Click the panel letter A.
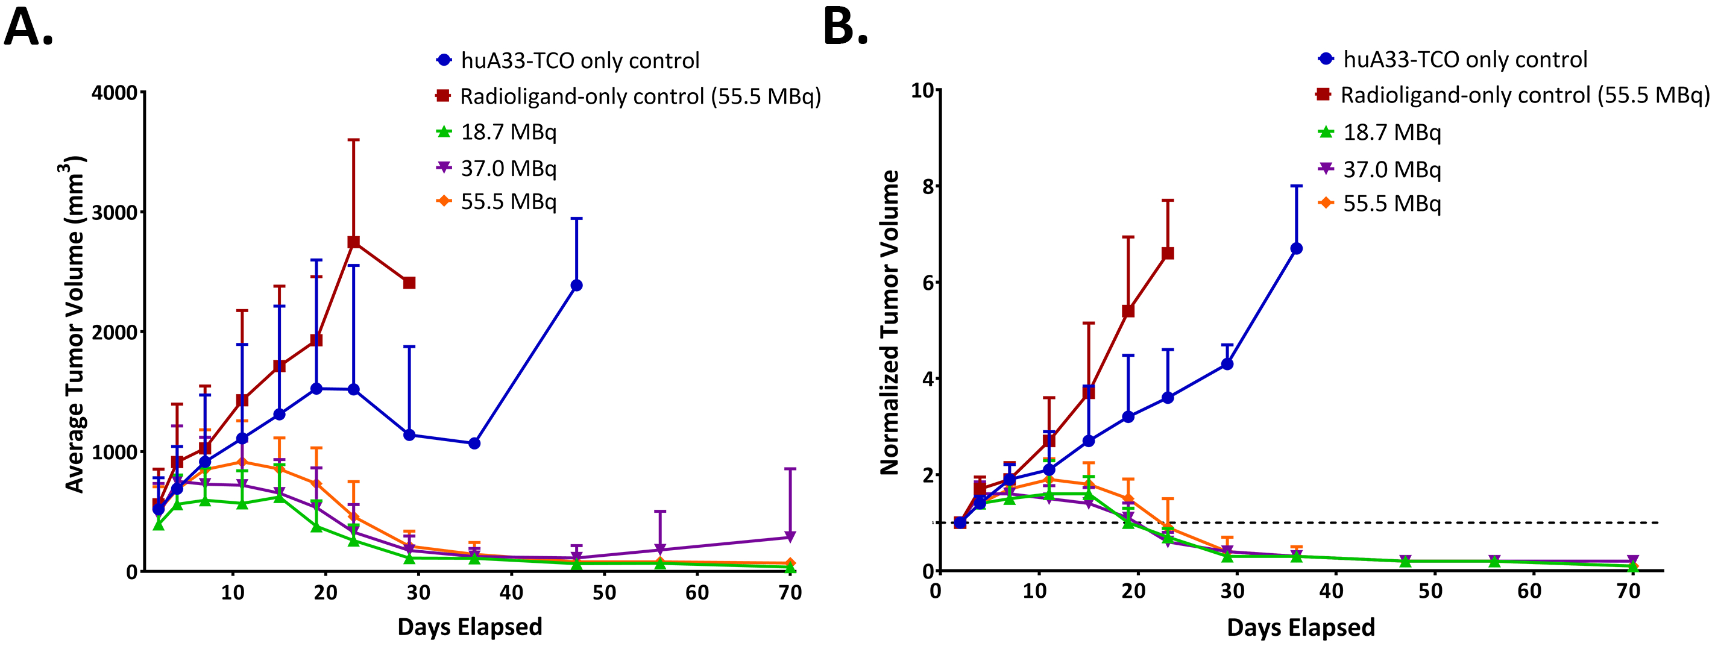click(x=28, y=28)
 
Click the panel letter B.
click(x=845, y=28)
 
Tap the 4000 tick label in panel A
click(x=114, y=93)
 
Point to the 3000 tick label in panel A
click(x=114, y=213)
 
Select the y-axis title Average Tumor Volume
click(x=75, y=325)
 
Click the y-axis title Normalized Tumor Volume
click(x=889, y=323)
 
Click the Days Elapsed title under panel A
click(x=470, y=627)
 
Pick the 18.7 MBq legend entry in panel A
click(x=508, y=132)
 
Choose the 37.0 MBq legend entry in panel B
click(x=1391, y=169)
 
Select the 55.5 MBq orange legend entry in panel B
click(x=1391, y=204)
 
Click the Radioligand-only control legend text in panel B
click(x=1524, y=95)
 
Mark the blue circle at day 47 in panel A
click(x=577, y=286)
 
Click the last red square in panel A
click(x=409, y=283)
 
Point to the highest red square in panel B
click(x=1168, y=254)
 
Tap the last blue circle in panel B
click(x=1297, y=249)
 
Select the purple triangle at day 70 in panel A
click(x=790, y=537)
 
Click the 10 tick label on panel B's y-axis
click(x=922, y=90)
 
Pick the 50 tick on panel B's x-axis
click(x=1430, y=591)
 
